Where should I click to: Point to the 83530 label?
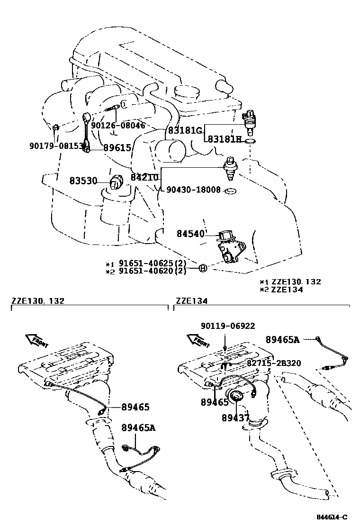click(83, 181)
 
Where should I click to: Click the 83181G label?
click(185, 130)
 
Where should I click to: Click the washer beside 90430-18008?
click(231, 191)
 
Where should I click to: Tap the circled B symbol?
click(202, 269)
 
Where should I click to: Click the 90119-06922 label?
click(227, 326)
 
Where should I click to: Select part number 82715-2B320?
click(273, 363)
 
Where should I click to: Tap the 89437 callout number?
click(235, 418)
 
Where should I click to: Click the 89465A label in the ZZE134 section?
click(282, 339)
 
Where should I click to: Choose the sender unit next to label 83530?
click(116, 182)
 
